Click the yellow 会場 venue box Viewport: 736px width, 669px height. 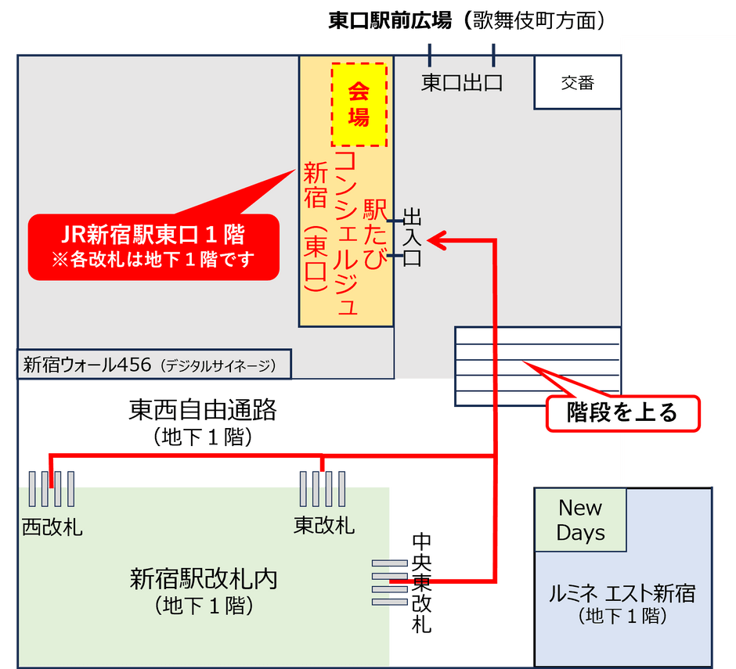click(359, 105)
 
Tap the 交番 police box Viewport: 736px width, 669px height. click(578, 83)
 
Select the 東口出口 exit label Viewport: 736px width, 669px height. click(462, 83)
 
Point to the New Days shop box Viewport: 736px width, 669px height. click(581, 520)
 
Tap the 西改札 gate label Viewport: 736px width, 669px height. click(52, 527)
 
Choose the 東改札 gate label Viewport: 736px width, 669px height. click(324, 525)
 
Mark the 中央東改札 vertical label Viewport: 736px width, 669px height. click(421, 583)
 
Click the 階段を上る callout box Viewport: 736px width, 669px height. click(623, 413)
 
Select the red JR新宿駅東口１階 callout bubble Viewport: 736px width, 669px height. click(154, 246)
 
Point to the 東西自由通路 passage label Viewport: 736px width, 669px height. click(203, 409)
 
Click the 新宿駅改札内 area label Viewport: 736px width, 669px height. click(204, 578)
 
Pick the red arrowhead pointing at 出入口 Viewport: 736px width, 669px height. click(435, 240)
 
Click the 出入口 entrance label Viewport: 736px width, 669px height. click(412, 238)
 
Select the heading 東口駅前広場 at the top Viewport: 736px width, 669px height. click(390, 21)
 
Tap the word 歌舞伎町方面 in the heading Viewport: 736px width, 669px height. click(534, 21)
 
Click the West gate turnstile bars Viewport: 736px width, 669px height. click(52, 489)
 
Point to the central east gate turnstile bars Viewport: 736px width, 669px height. click(390, 582)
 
